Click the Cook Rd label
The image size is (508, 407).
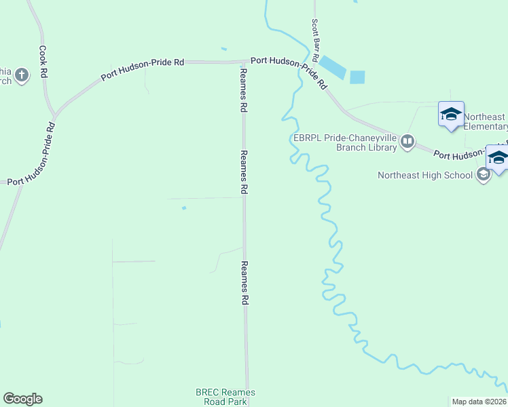tap(43, 61)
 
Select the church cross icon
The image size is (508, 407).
tap(22, 75)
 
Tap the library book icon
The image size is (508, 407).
tap(407, 142)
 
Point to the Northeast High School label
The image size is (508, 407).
tap(425, 176)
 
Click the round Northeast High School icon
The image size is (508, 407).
tap(484, 175)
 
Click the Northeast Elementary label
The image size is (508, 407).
tap(486, 121)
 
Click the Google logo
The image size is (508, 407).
tap(22, 399)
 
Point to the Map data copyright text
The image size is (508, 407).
tap(479, 402)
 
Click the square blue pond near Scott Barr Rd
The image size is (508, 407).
tap(357, 77)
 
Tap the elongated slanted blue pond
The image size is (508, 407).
tap(332, 66)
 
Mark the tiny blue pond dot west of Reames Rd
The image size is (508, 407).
tap(184, 208)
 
